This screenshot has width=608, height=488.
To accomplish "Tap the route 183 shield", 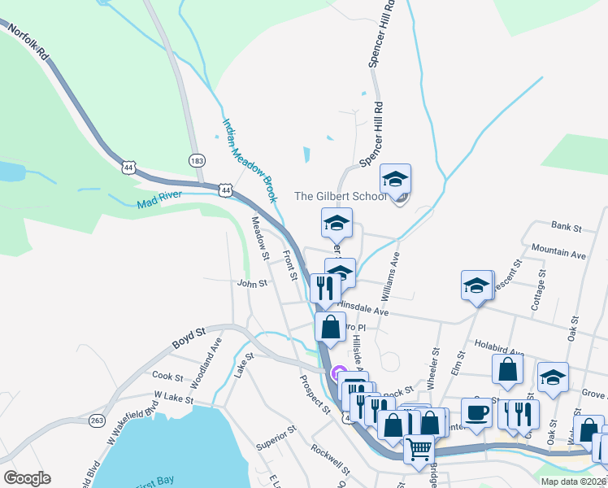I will pyautogui.click(x=196, y=160).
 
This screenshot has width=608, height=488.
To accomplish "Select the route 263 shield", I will pyautogui.click(x=98, y=420).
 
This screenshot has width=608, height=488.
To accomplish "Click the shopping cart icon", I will pyautogui.click(x=419, y=448).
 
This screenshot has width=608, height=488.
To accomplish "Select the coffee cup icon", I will pyautogui.click(x=476, y=412).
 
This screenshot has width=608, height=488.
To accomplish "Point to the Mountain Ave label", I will pyautogui.click(x=558, y=253).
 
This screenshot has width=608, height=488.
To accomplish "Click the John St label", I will pyautogui.click(x=252, y=284).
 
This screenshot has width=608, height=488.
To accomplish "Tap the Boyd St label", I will pyautogui.click(x=188, y=338).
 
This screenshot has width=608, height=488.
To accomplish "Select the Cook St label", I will pyautogui.click(x=167, y=377).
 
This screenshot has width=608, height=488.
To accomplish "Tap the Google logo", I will pyautogui.click(x=27, y=478).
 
